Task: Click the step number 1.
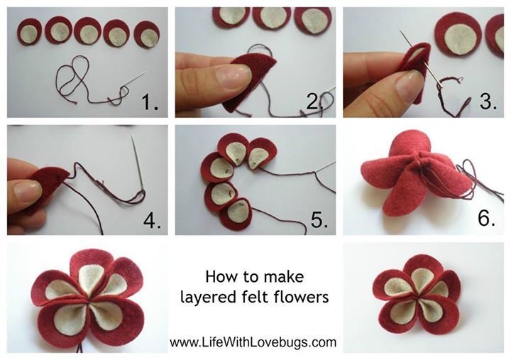(x=150, y=102)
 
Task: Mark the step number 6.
(x=486, y=217)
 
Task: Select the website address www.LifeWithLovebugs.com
(x=253, y=342)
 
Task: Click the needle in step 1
(x=134, y=80)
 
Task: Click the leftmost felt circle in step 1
(x=29, y=32)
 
